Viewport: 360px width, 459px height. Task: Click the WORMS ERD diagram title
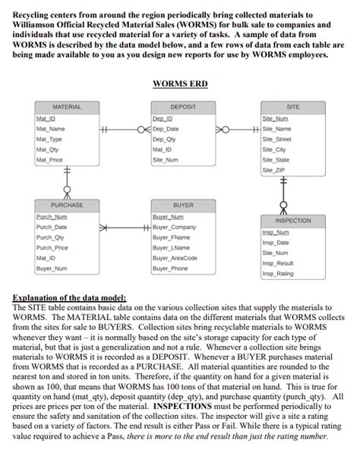[180, 83]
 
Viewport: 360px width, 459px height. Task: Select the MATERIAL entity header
[67, 107]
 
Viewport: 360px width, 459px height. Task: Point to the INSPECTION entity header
[292, 221]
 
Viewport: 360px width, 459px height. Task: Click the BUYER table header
[182, 205]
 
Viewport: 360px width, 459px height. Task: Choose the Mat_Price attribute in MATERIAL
[49, 160]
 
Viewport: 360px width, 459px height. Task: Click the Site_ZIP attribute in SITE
[274, 171]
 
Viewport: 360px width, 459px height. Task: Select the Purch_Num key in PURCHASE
[51, 217]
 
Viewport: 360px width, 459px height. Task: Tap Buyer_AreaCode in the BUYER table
[175, 258]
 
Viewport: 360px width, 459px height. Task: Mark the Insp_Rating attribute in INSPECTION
[277, 273]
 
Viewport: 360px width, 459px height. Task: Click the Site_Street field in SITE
[277, 140]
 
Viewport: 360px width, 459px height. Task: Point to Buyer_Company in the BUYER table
[174, 227]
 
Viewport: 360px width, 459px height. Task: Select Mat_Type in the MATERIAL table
[49, 140]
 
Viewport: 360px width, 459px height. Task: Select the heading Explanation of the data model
[70, 298]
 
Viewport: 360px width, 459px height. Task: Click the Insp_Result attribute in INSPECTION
[277, 263]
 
